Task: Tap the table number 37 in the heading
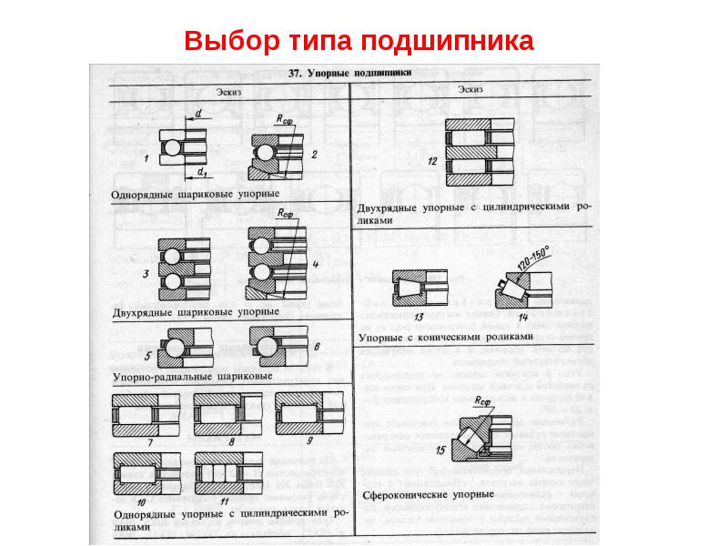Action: (x=294, y=73)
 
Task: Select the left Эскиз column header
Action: (x=229, y=89)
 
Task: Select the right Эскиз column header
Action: (x=471, y=89)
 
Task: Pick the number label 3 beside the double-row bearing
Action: (x=146, y=273)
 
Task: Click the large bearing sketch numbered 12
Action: (x=474, y=151)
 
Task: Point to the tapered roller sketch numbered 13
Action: (x=420, y=289)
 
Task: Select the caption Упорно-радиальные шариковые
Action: (x=194, y=375)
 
